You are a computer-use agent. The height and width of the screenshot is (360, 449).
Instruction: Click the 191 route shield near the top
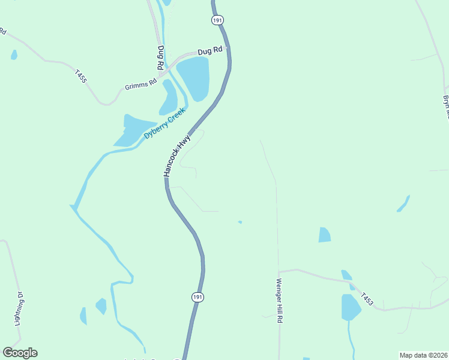pyautogui.click(x=217, y=20)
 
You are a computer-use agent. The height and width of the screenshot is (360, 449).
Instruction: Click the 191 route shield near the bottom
pyautogui.click(x=199, y=297)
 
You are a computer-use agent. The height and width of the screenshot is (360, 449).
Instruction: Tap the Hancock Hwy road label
pyautogui.click(x=177, y=155)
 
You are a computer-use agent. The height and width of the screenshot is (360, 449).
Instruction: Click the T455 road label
pyautogui.click(x=81, y=76)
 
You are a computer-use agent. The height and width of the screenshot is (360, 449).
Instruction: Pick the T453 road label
pyautogui.click(x=367, y=299)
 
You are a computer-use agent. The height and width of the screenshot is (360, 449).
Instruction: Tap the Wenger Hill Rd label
pyautogui.click(x=279, y=301)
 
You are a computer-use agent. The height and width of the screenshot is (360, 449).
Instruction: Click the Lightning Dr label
pyautogui.click(x=20, y=308)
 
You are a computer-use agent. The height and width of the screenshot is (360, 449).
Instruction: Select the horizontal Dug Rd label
pyautogui.click(x=211, y=52)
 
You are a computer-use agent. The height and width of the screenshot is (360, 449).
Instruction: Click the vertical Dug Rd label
pyautogui.click(x=161, y=58)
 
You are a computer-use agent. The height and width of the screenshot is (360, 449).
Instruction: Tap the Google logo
pyautogui.click(x=20, y=353)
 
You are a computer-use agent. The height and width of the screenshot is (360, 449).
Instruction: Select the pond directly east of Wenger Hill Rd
pyautogui.click(x=324, y=235)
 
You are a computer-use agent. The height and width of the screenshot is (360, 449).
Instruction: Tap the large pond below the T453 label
pyautogui.click(x=350, y=307)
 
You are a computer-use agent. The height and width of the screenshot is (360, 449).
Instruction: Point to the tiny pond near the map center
pyautogui.click(x=240, y=222)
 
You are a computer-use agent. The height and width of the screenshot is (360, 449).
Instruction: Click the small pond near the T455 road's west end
pyautogui.click(x=14, y=55)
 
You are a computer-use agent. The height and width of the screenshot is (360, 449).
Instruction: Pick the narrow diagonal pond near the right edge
pyautogui.click(x=403, y=203)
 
